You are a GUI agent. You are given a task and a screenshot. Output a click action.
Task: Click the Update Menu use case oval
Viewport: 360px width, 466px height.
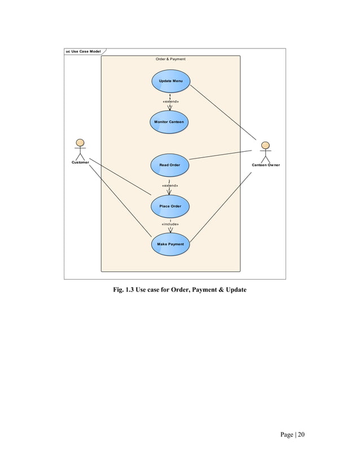(x=170, y=81)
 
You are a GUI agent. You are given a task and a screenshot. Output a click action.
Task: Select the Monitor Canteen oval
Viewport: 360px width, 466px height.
(x=169, y=122)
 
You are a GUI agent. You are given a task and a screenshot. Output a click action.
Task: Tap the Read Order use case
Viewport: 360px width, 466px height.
(x=170, y=165)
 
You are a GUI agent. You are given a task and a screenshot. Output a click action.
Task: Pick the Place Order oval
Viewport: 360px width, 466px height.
(x=170, y=206)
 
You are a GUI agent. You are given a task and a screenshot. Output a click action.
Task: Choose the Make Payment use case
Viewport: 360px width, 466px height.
(x=170, y=244)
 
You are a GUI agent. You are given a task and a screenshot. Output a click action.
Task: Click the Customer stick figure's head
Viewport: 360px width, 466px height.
(x=80, y=142)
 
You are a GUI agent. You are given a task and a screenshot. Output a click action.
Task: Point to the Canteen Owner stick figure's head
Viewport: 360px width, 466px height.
(x=265, y=146)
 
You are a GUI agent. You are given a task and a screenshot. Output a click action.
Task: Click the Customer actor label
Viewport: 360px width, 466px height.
(x=80, y=162)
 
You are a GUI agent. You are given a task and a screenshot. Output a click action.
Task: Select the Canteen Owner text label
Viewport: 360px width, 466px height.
(x=265, y=165)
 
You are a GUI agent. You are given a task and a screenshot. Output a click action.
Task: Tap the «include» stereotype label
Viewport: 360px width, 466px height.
(x=170, y=224)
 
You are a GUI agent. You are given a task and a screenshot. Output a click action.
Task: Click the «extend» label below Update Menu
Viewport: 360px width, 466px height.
(x=170, y=101)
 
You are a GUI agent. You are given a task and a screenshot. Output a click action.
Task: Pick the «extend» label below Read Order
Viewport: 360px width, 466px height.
(x=170, y=185)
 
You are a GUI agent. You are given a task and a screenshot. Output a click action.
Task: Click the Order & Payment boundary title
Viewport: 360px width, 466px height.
(x=170, y=59)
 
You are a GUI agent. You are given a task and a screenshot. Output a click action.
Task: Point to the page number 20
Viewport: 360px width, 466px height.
(x=301, y=434)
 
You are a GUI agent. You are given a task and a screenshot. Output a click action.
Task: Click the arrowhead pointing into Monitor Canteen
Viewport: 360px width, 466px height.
(x=170, y=108)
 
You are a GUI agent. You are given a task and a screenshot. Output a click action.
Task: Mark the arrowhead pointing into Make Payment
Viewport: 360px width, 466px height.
(x=170, y=230)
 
